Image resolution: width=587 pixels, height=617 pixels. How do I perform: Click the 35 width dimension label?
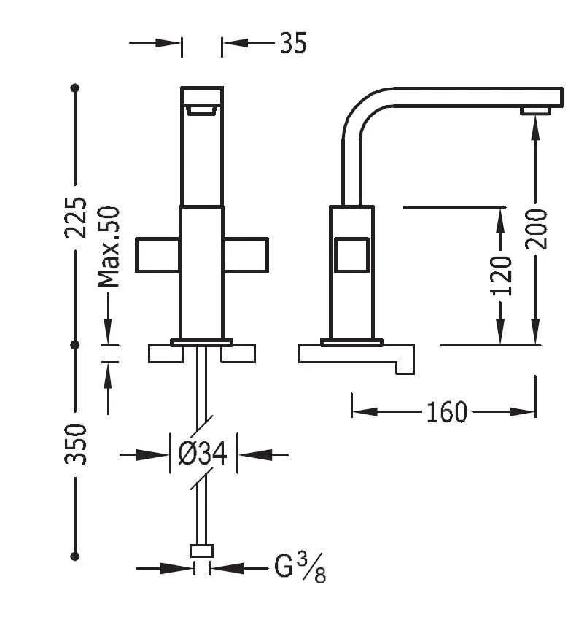292,44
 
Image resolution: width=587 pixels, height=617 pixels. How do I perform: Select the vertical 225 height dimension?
76,216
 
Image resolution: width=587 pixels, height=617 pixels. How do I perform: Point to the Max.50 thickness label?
109,247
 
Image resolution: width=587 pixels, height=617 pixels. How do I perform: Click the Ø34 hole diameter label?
203,454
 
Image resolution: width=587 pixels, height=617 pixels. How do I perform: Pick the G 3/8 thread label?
300,567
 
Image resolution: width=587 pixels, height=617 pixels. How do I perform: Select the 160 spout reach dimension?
446,412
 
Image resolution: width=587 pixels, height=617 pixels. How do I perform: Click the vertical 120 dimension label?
501,275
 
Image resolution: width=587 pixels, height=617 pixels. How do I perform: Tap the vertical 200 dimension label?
537,228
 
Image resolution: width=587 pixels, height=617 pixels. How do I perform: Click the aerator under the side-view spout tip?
535,110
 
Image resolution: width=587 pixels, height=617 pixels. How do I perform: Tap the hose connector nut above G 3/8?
202,551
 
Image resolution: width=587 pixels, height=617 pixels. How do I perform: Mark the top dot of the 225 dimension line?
74,88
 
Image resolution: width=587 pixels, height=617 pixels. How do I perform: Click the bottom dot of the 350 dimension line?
74,556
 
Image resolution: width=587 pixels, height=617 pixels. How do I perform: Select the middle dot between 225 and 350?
74,344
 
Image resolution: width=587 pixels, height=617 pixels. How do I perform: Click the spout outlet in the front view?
201,110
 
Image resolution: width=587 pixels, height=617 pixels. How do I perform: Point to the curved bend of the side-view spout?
361,109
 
